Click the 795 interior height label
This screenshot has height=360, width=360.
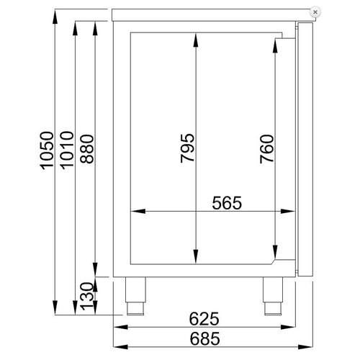186,150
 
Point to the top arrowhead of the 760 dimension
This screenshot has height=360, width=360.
274,43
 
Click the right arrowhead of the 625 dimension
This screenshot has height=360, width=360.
291,326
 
